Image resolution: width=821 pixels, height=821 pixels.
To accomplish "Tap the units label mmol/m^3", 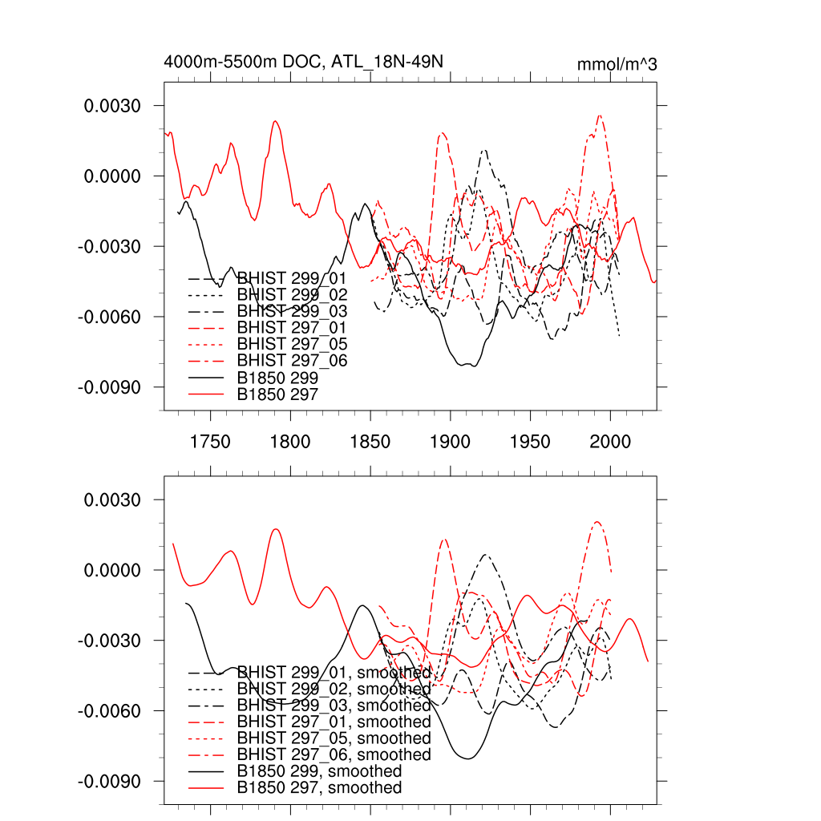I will tap(617, 64).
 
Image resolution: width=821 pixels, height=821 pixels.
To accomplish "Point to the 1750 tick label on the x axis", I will tap(210, 442).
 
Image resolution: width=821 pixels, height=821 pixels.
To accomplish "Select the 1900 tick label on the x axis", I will tap(451, 442).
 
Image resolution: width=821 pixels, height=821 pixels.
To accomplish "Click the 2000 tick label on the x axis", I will tap(611, 442).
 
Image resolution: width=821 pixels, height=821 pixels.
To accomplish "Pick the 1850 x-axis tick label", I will tap(370, 442).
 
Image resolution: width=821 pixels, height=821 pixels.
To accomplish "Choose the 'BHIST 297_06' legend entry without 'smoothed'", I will tap(292, 361).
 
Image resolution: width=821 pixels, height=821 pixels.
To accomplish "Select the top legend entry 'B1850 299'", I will tap(277, 378).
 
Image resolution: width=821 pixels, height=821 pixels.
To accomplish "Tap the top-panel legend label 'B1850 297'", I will tap(277, 394).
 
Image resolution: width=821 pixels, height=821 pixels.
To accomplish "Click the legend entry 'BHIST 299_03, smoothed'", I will tap(334, 706).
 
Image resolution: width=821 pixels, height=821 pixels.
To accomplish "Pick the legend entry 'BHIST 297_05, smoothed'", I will tap(334, 738).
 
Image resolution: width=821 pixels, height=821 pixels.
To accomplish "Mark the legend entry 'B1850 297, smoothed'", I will tap(319, 788).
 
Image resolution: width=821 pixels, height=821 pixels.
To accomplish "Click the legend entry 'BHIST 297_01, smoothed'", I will tap(334, 722).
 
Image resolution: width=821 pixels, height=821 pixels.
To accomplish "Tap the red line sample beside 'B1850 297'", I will tap(205, 394).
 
